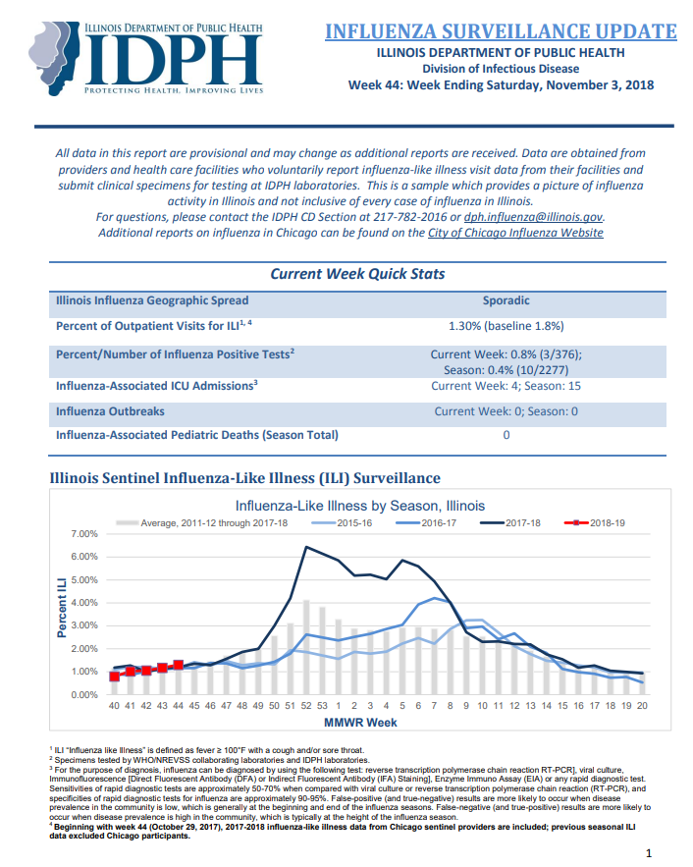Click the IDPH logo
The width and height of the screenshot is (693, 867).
pos(146,59)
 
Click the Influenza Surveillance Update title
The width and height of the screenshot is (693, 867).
pos(501,31)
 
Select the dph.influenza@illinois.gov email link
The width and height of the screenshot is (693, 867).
pos(533,217)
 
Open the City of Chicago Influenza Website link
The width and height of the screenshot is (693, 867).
pos(515,233)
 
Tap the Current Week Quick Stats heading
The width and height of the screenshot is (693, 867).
pos(357,274)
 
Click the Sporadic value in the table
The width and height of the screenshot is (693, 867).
pos(506,300)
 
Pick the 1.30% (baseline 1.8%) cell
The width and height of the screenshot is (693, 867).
pos(506,326)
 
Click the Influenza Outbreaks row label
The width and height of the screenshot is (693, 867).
pos(110,411)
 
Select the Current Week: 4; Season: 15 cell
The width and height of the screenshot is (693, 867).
pos(506,386)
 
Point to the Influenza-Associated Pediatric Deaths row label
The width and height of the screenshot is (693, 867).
pos(196,435)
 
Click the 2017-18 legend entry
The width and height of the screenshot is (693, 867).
pos(510,523)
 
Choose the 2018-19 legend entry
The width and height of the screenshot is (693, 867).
pos(595,523)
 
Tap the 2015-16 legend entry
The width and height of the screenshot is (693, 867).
pos(342,523)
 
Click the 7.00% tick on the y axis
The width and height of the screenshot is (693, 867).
pos(84,534)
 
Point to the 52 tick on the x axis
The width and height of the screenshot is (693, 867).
pos(306,706)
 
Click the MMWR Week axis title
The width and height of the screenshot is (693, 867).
pos(360,723)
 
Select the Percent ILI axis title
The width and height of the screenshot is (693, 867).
pos(61,608)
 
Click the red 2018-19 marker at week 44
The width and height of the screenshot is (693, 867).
pos(178,665)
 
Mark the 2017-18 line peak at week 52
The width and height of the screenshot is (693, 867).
pos(306,548)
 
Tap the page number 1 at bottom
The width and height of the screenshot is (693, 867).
pos(649,853)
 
